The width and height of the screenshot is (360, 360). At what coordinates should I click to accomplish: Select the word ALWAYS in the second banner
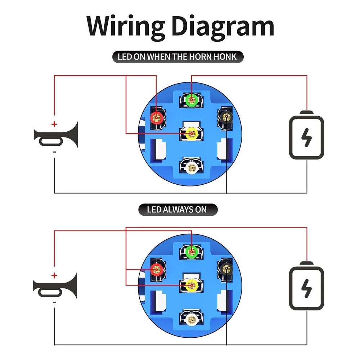[178, 210]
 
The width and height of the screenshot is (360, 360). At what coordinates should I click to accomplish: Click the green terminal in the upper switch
[192, 100]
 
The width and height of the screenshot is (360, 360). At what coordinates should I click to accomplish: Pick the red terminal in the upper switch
[157, 118]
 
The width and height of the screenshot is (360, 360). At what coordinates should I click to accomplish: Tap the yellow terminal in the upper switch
[192, 134]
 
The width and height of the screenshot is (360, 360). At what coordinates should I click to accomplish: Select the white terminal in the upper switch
[191, 168]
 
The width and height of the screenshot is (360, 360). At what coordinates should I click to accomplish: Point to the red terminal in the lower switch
[157, 270]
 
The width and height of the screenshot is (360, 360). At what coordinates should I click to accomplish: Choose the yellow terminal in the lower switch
[192, 285]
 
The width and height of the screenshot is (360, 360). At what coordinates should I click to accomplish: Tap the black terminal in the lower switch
[226, 269]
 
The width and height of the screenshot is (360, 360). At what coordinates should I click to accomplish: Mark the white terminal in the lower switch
[191, 319]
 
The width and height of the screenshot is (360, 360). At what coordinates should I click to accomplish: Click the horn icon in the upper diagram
[56, 135]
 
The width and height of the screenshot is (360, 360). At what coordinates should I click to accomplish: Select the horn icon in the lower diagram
[55, 286]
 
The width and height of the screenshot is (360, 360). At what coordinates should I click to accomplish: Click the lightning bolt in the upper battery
[306, 138]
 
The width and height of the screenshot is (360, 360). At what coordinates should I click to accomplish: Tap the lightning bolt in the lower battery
[306, 288]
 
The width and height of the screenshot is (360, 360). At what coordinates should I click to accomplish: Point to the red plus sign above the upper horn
[54, 125]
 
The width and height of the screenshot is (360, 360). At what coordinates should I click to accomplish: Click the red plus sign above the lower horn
[54, 275]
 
